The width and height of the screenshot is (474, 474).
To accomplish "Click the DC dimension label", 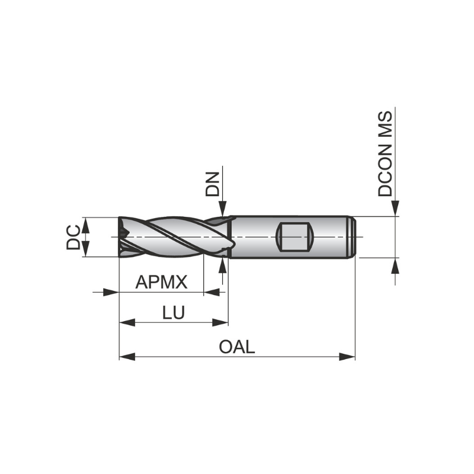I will click(73, 237).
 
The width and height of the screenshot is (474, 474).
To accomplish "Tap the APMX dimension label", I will click(161, 282).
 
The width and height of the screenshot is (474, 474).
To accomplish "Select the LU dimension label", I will click(173, 313).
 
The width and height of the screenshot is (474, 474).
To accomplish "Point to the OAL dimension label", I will click(237, 347).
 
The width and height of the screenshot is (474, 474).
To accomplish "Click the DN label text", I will click(212, 184).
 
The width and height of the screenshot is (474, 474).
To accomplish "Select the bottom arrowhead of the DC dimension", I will click(85, 249).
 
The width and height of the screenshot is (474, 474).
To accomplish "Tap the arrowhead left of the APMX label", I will click(110, 292).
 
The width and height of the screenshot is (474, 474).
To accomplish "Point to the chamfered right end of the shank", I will click(353, 237).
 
